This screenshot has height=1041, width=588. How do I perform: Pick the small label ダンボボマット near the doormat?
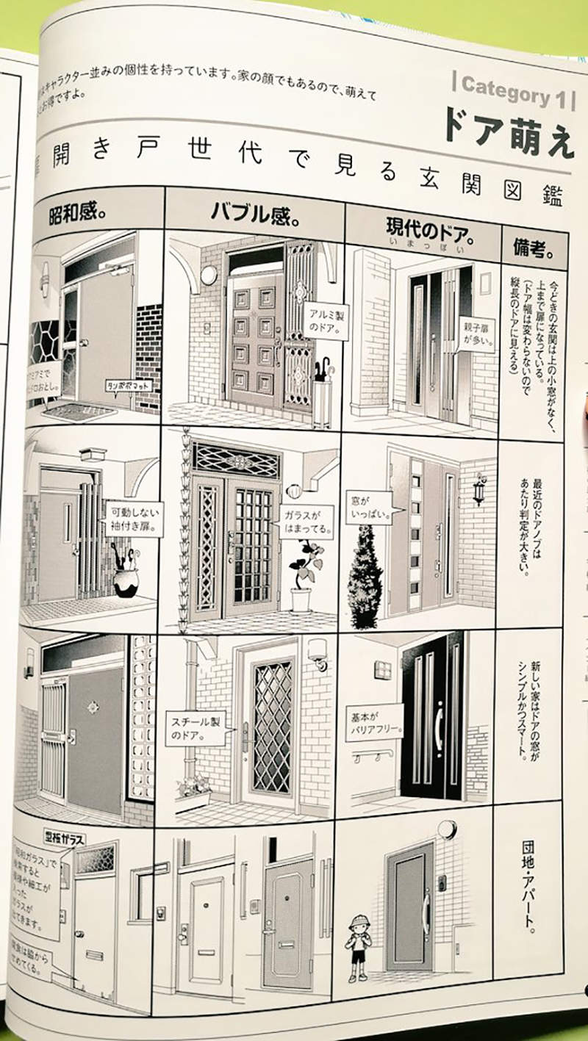122,384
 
